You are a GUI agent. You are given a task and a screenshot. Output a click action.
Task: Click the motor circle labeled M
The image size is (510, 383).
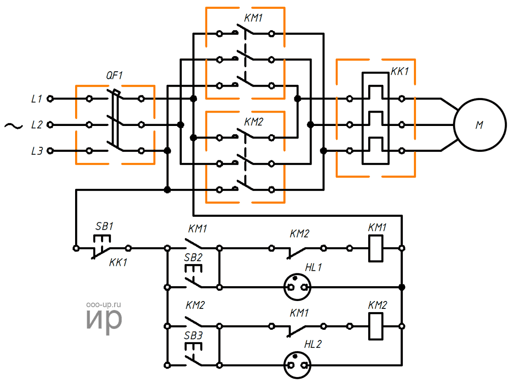479,125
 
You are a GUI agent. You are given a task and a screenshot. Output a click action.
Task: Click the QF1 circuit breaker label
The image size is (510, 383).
114,75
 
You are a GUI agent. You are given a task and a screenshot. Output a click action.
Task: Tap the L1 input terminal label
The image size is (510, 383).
36,99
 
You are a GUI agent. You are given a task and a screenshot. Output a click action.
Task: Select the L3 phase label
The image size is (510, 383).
36,151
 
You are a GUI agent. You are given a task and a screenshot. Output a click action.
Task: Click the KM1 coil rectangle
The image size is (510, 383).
376,249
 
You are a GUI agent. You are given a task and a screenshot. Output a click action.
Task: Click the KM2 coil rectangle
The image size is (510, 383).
376,326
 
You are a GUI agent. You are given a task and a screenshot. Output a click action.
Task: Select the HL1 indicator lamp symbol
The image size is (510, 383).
297,287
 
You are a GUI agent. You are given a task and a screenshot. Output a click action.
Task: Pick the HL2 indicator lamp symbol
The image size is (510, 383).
297,365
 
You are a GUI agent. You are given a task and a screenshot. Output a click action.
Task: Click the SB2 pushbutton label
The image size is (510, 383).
194,257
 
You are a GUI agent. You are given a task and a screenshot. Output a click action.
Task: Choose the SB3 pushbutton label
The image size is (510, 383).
194,334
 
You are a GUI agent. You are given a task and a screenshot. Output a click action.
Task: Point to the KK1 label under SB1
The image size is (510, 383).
118,263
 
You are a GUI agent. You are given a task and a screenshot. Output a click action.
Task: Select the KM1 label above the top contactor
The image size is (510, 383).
253,19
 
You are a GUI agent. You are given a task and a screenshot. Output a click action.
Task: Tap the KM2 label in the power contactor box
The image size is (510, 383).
253,122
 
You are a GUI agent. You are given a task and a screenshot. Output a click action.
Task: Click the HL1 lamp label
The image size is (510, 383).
313,267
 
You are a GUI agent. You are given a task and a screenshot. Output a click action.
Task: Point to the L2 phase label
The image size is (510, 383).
36,125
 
